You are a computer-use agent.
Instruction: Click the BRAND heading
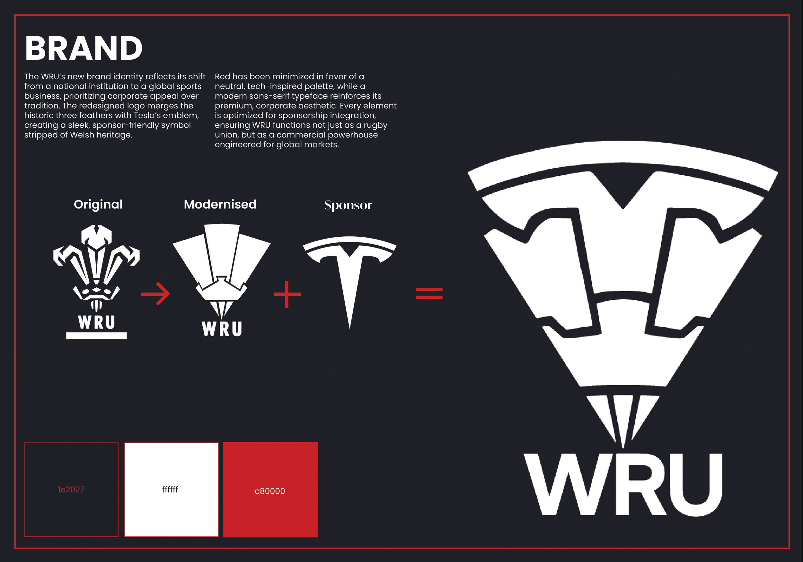[x=84, y=48]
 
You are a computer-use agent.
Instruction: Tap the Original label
[x=98, y=204]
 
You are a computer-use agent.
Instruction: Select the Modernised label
[x=220, y=204]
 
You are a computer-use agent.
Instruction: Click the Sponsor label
[x=348, y=205]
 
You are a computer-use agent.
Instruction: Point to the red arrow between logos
[x=156, y=294]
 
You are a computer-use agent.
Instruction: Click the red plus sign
[x=287, y=294]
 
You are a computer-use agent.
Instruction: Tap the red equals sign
[x=429, y=294]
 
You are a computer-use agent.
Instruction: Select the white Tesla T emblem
[x=349, y=273]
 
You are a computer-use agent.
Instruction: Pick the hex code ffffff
[x=170, y=489]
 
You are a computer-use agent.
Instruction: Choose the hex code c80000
[x=270, y=491]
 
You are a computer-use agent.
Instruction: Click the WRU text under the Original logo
[x=97, y=322]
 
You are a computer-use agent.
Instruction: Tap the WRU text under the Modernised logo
[x=222, y=329]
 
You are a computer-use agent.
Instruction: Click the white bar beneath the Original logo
[x=97, y=336]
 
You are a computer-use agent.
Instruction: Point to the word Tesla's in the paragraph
[x=148, y=115]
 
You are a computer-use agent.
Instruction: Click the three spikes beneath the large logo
[x=623, y=416]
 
